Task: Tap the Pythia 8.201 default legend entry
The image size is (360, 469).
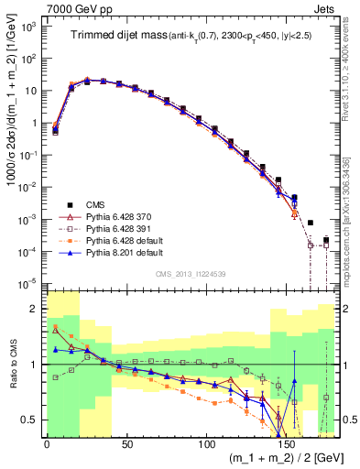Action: (125, 250)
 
